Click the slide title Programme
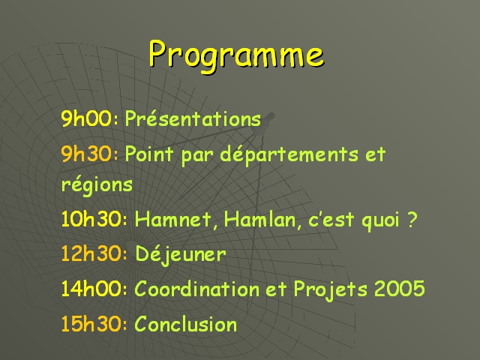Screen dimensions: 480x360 pyautogui.click(x=236, y=55)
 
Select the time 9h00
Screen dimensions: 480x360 pyautogui.click(x=87, y=118)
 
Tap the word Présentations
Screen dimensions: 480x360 pyautogui.click(x=193, y=118)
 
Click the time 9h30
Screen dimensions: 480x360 pyautogui.click(x=87, y=154)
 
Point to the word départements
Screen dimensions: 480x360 pyautogui.click(x=289, y=154)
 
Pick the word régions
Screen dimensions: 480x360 pyautogui.click(x=97, y=185)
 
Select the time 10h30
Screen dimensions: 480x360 pyautogui.click(x=91, y=219)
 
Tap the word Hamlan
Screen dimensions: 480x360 pyautogui.click(x=262, y=220)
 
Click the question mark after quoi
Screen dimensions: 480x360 pyautogui.click(x=412, y=219)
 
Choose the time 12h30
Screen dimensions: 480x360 pyautogui.click(x=91, y=253)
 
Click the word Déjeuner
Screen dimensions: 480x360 pyautogui.click(x=181, y=255)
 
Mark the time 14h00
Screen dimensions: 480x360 pyautogui.click(x=91, y=289)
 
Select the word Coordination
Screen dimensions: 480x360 pyautogui.click(x=197, y=289)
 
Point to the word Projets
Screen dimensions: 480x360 pyautogui.click(x=330, y=289)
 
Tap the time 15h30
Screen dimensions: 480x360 pyautogui.click(x=91, y=324)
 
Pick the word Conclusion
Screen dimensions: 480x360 pyautogui.click(x=186, y=323)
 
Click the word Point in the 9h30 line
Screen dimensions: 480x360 pyautogui.click(x=149, y=154)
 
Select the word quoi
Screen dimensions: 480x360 pyautogui.click(x=381, y=221)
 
